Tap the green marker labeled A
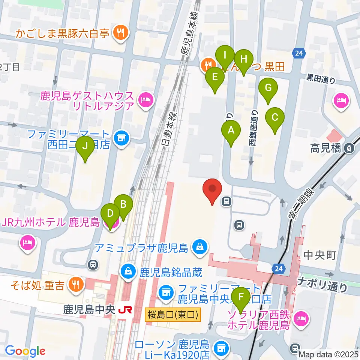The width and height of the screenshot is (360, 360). click(x=231, y=131)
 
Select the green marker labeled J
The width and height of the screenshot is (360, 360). click(x=85, y=147)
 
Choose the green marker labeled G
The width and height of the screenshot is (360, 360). click(x=268, y=88)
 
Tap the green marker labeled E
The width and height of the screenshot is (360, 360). click(x=215, y=78)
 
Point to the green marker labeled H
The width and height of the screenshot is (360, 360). click(x=244, y=60)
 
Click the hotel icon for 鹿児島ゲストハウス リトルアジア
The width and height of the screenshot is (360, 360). click(x=145, y=100)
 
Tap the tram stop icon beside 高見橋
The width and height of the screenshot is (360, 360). click(x=349, y=148)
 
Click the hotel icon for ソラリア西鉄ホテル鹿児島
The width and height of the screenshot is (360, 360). click(x=301, y=319)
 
